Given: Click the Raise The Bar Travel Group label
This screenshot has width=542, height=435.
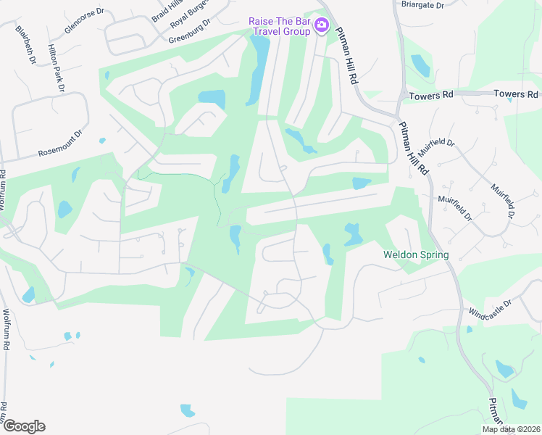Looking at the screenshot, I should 279,27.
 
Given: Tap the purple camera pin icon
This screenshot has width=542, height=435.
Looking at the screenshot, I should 322,27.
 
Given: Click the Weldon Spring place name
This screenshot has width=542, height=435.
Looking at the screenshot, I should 416,255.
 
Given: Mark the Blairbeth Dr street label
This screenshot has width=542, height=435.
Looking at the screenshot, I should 25,45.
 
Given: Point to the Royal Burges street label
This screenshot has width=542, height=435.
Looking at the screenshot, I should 190,14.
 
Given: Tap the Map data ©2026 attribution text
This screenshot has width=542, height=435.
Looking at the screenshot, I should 511,429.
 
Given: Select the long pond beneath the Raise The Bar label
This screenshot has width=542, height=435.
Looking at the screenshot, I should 257,69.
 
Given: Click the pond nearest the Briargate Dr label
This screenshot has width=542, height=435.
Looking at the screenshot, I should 420,65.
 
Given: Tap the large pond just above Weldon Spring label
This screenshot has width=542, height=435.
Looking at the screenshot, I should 353,233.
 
